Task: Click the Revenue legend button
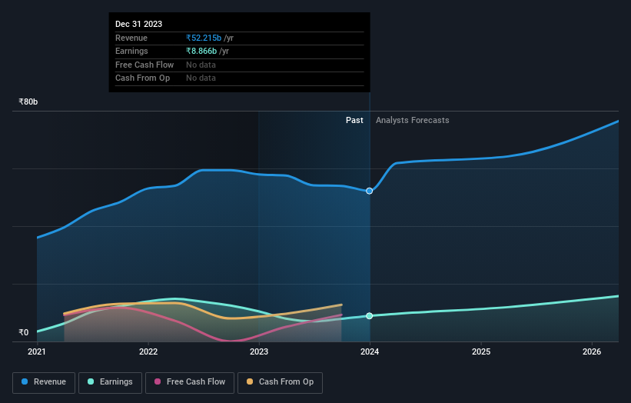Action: [x=44, y=382]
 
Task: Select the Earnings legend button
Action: [x=110, y=382]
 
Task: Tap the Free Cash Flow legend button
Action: [x=189, y=382]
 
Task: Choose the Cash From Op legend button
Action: [x=280, y=382]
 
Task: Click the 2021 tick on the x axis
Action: [x=37, y=352]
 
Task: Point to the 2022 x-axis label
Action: [x=148, y=352]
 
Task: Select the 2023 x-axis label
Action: [x=259, y=352]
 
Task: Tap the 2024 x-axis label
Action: [x=370, y=352]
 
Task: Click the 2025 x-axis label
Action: [x=481, y=352]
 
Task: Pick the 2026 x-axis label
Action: [x=592, y=352]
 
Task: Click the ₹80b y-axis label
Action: [x=28, y=102]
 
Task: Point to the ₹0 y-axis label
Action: [x=24, y=333]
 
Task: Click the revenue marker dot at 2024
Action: [x=370, y=191]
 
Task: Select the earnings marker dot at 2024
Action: [x=370, y=316]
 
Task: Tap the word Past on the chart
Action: [x=354, y=120]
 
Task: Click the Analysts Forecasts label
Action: [x=412, y=120]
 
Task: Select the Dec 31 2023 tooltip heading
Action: [x=138, y=25]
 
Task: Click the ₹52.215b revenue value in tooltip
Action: [x=204, y=38]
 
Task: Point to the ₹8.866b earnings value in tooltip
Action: [x=201, y=51]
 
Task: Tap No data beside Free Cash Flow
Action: [x=201, y=65]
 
